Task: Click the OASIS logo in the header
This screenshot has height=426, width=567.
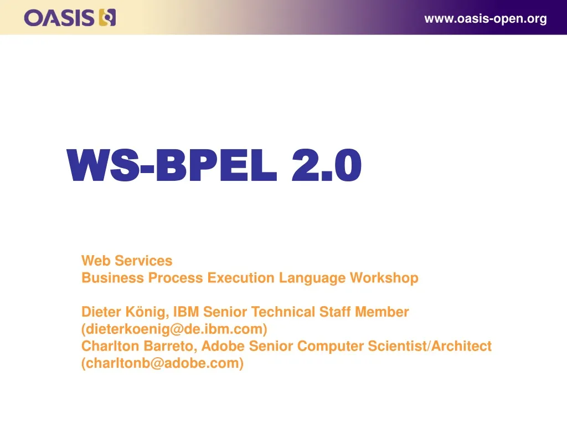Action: click(x=70, y=18)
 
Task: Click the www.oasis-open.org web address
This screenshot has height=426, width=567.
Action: click(x=486, y=19)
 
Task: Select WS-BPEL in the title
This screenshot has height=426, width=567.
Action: click(x=171, y=165)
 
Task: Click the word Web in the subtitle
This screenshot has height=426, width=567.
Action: click(x=95, y=261)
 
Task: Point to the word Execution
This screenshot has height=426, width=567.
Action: click(x=241, y=278)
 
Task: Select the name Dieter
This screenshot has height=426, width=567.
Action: click(x=99, y=312)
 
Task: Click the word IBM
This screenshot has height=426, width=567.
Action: click(x=186, y=312)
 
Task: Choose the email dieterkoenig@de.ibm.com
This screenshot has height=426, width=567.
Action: click(x=174, y=329)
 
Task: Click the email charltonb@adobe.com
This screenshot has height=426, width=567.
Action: click(x=163, y=364)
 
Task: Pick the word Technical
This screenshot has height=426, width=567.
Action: click(x=284, y=312)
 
